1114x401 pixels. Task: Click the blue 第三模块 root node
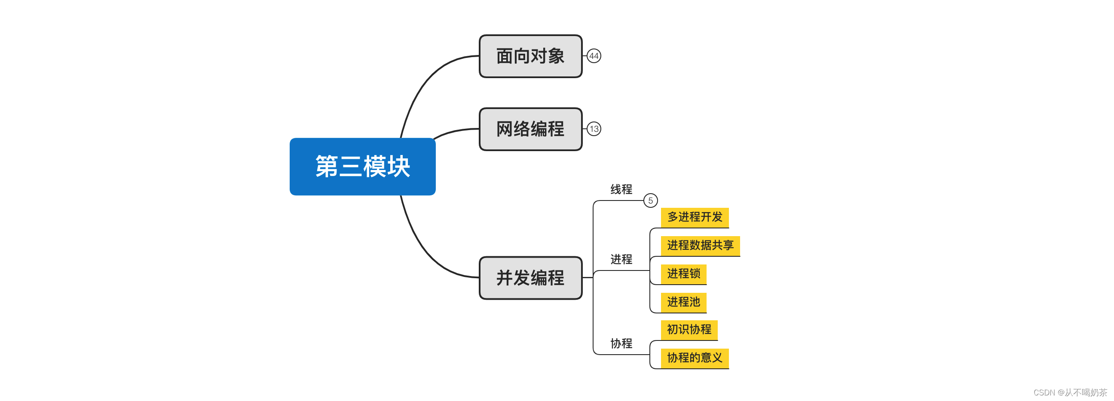pos(362,166)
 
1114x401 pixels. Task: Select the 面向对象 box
pos(530,56)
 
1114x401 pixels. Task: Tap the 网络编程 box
pos(530,129)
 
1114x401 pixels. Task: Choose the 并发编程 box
pos(530,278)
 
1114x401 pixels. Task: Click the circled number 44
pos(594,56)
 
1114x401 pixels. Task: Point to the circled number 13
pos(594,129)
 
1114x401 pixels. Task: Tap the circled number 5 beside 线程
pos(650,200)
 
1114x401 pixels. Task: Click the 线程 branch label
pos(621,189)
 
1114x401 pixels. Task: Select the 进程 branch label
pos(621,259)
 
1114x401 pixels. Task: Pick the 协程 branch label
pos(621,343)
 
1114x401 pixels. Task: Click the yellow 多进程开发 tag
pos(695,217)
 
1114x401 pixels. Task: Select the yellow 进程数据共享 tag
pos(700,246)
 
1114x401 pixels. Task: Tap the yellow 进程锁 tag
pos(683,273)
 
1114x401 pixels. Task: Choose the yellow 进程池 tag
pos(683,302)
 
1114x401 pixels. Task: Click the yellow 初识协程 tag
pos(689,330)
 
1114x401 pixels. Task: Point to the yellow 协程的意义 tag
pos(695,358)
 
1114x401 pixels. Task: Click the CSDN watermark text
pos(1070,392)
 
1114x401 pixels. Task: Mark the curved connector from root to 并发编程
pos(419,246)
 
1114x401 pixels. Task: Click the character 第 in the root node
pos(327,166)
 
